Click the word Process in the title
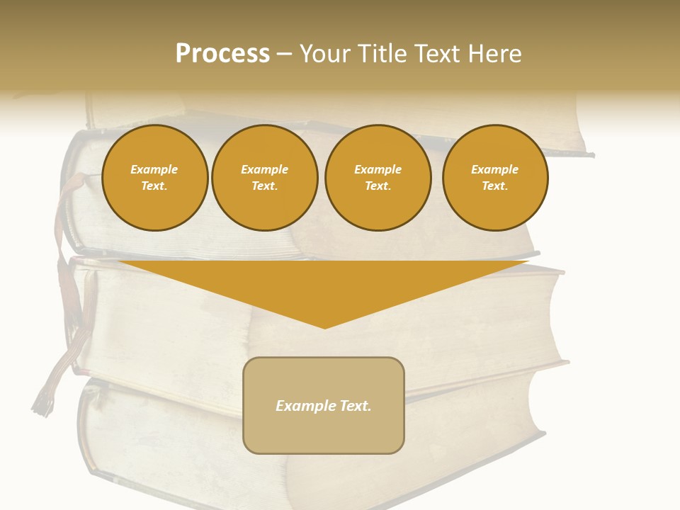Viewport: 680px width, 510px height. coord(222,54)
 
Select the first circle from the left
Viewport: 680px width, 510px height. coord(154,178)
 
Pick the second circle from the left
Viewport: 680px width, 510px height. coord(264,178)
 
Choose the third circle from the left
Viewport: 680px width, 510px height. coord(378,178)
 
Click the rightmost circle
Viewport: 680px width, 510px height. coord(494,178)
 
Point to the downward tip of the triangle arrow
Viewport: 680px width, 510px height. coord(324,327)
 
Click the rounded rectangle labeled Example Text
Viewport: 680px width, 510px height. coord(324,405)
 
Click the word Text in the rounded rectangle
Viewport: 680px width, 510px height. coord(355,406)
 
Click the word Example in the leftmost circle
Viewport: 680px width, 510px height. coord(154,169)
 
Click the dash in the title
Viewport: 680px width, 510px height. coord(285,55)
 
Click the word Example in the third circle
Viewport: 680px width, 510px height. coord(378,169)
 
